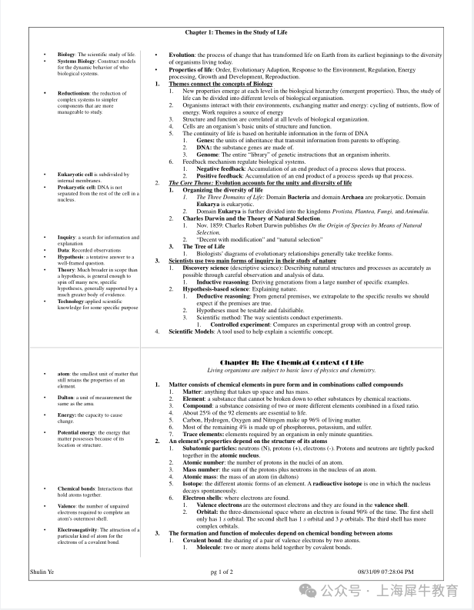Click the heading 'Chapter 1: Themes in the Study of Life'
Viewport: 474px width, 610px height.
click(236, 32)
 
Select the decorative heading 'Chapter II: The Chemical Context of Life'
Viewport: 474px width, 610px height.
click(291, 362)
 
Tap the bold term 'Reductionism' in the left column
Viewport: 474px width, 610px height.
click(73, 92)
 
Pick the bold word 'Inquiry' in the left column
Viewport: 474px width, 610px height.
click(67, 238)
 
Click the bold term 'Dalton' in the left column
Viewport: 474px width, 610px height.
click(67, 398)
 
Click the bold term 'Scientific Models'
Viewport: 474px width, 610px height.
click(197, 332)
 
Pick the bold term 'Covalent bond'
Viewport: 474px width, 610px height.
click(202, 540)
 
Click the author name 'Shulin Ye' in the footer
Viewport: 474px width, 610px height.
click(42, 572)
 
